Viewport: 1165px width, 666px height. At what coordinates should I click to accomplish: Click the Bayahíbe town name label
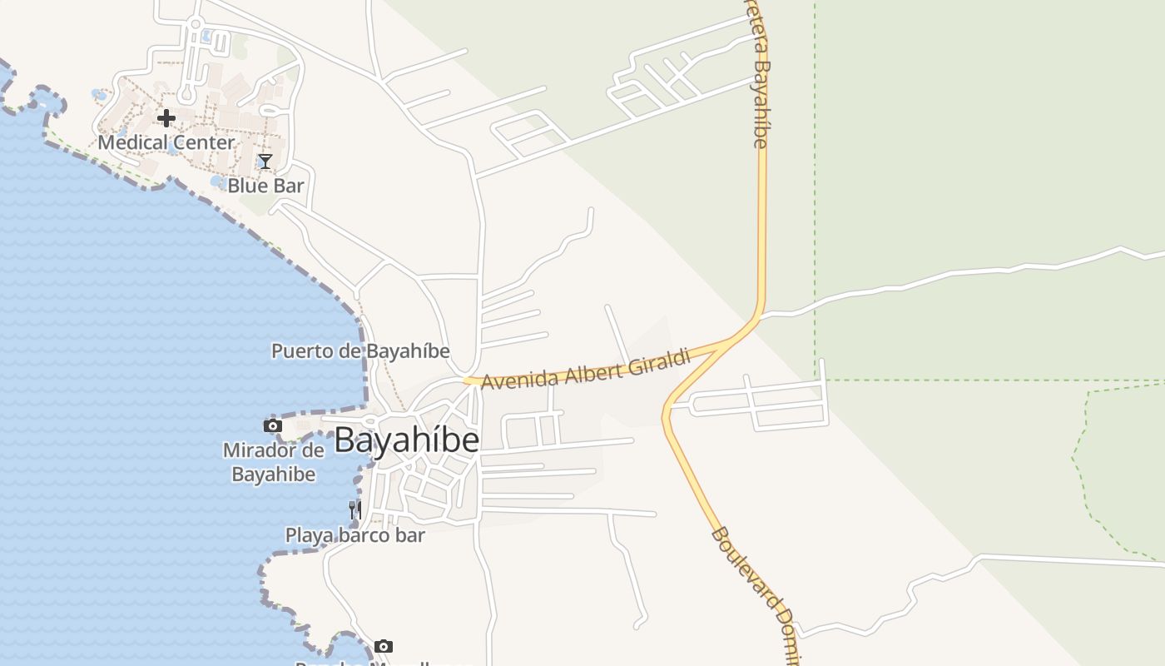407,440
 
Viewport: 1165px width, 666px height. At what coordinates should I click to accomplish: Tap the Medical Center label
166,142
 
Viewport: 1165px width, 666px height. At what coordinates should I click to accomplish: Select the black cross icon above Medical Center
166,118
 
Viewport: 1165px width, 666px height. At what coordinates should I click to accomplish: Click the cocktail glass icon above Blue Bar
265,162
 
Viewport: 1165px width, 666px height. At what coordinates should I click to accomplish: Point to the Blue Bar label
266,186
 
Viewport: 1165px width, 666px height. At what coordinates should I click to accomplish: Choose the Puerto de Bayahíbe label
360,350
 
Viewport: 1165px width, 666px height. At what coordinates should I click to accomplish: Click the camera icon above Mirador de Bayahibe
272,426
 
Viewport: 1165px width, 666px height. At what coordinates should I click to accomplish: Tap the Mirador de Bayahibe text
273,462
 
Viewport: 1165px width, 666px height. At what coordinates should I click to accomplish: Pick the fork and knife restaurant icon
355,509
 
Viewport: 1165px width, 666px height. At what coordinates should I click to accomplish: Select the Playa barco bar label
355,535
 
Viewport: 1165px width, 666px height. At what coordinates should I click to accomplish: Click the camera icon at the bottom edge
383,646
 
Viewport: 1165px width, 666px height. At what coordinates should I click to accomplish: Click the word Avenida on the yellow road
519,379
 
